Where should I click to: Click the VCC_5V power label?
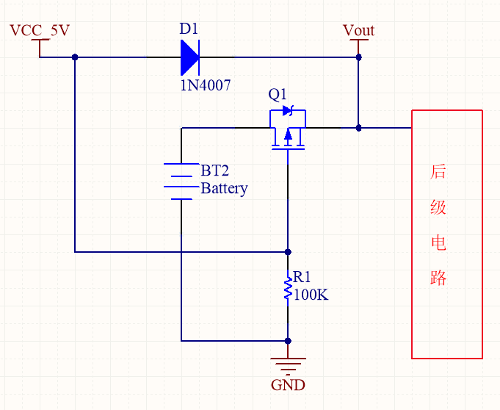click(40, 31)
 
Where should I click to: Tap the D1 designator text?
click(189, 29)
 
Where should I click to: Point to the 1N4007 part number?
click(206, 85)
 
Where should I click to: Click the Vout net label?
click(358, 31)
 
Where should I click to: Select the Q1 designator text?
click(278, 95)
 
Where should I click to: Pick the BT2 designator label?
click(215, 170)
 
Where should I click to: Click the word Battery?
click(224, 188)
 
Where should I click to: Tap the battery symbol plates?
click(181, 181)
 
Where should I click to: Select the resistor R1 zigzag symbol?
click(287, 288)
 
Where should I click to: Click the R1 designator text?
click(302, 277)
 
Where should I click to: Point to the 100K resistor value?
click(311, 295)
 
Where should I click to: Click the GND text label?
click(288, 385)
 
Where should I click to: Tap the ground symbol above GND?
click(288, 363)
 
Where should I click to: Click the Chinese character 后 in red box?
click(438, 172)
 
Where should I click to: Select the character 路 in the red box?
click(438, 278)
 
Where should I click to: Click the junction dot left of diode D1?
click(75, 57)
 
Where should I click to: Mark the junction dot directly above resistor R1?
click(288, 251)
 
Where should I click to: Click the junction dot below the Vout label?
click(358, 57)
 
